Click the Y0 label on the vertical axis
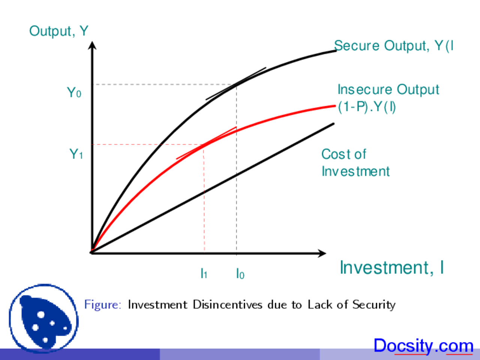(x=74, y=93)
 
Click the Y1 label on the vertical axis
(x=76, y=154)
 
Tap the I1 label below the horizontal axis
(x=204, y=273)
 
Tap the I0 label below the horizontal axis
(x=240, y=274)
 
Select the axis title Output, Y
(x=59, y=31)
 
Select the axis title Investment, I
(x=392, y=267)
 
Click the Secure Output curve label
(x=394, y=46)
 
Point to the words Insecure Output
(x=388, y=90)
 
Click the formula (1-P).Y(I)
(x=367, y=107)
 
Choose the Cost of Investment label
(x=355, y=163)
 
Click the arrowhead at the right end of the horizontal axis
(x=322, y=253)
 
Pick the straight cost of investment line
(x=213, y=188)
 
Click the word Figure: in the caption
(x=103, y=304)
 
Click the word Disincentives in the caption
(x=227, y=304)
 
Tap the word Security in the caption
(x=374, y=305)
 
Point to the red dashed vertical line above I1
(x=204, y=198)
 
